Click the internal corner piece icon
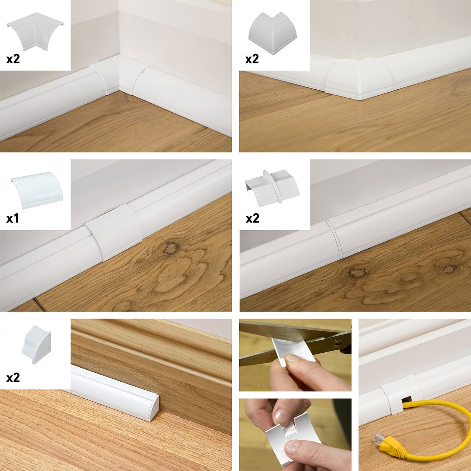[35, 31]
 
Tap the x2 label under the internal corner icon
[13, 59]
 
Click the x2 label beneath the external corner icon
[252, 59]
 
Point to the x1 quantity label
[12, 219]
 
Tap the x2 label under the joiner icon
[252, 219]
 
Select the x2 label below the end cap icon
[13, 378]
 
